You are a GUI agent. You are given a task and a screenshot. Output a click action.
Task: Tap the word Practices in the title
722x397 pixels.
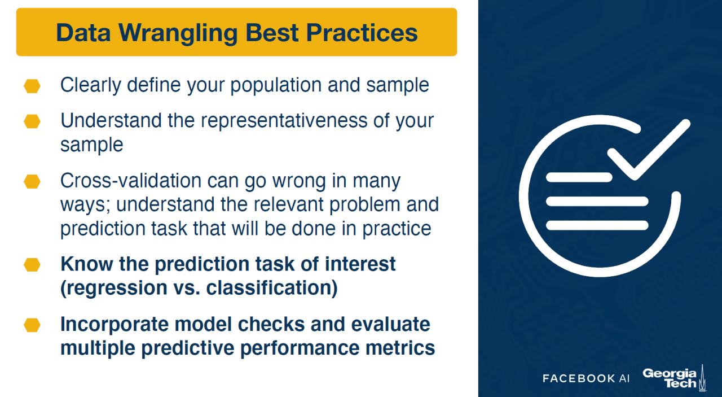tap(362, 32)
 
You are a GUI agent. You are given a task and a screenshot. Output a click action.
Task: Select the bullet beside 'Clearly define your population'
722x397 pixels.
tap(32, 86)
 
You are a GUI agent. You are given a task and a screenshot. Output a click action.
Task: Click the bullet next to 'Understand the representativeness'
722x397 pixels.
tap(32, 121)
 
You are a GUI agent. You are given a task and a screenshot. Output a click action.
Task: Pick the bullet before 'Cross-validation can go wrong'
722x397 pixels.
tap(32, 181)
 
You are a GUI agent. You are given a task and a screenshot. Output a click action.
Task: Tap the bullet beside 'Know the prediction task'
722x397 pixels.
tap(32, 265)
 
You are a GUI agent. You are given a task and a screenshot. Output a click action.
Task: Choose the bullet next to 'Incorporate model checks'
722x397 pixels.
tap(32, 325)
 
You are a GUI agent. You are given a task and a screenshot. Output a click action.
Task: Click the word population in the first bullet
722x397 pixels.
tap(276, 86)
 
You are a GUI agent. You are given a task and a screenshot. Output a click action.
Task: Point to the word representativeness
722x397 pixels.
tap(284, 121)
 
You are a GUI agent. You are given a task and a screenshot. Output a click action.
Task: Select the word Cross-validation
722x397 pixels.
tap(131, 180)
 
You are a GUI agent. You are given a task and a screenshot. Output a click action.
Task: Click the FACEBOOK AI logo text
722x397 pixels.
tap(586, 378)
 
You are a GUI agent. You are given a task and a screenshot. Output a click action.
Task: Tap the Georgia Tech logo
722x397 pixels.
tap(674, 378)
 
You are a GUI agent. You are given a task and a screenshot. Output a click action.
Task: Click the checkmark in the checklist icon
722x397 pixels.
tap(649, 150)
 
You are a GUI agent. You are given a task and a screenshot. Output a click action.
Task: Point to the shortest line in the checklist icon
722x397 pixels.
tap(579, 177)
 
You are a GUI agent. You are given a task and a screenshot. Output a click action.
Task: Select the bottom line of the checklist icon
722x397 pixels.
tap(597, 225)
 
